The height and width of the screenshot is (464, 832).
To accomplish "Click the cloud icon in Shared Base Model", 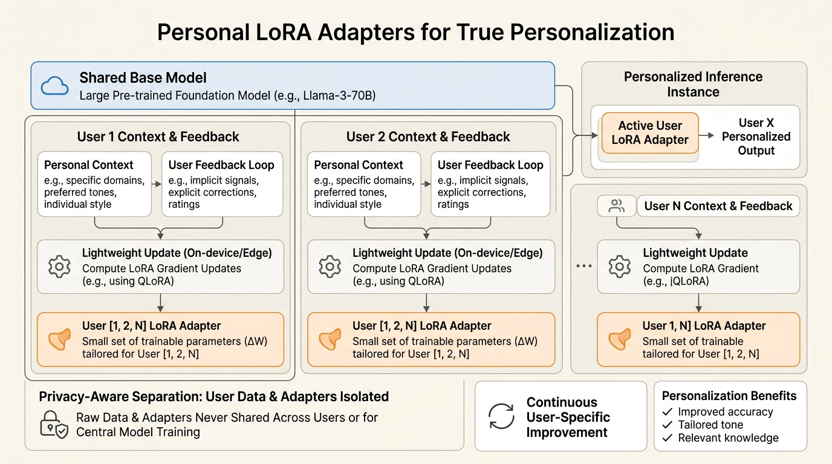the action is click(x=54, y=86).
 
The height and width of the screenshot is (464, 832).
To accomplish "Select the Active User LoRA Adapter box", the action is click(x=650, y=133).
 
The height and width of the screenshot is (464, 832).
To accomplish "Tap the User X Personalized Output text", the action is click(x=756, y=137).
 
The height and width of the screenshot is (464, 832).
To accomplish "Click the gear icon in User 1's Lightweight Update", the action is click(x=59, y=266).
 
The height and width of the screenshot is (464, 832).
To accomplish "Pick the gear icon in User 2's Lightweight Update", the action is click(x=330, y=266).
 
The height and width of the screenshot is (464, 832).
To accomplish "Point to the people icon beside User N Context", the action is click(x=617, y=206).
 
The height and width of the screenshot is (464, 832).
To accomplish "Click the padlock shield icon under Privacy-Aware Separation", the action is click(x=53, y=424).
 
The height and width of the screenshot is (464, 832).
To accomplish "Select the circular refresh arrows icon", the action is click(x=501, y=417).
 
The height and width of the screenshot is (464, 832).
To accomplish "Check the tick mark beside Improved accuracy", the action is click(x=668, y=412).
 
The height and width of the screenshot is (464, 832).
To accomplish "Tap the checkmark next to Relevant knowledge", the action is click(x=668, y=438).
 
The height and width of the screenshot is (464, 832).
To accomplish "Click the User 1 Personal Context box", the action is click(x=94, y=184).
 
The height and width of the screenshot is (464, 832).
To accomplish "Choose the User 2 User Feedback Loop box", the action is click(x=490, y=184).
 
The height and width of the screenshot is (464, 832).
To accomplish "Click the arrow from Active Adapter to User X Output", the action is click(x=708, y=135).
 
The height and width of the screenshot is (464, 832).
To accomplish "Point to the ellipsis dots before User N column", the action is click(x=584, y=266).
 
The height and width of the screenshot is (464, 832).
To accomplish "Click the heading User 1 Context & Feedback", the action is click(x=158, y=137).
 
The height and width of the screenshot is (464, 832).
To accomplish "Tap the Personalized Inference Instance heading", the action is click(x=693, y=84).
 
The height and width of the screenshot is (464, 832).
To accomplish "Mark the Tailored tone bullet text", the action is click(x=710, y=425).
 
